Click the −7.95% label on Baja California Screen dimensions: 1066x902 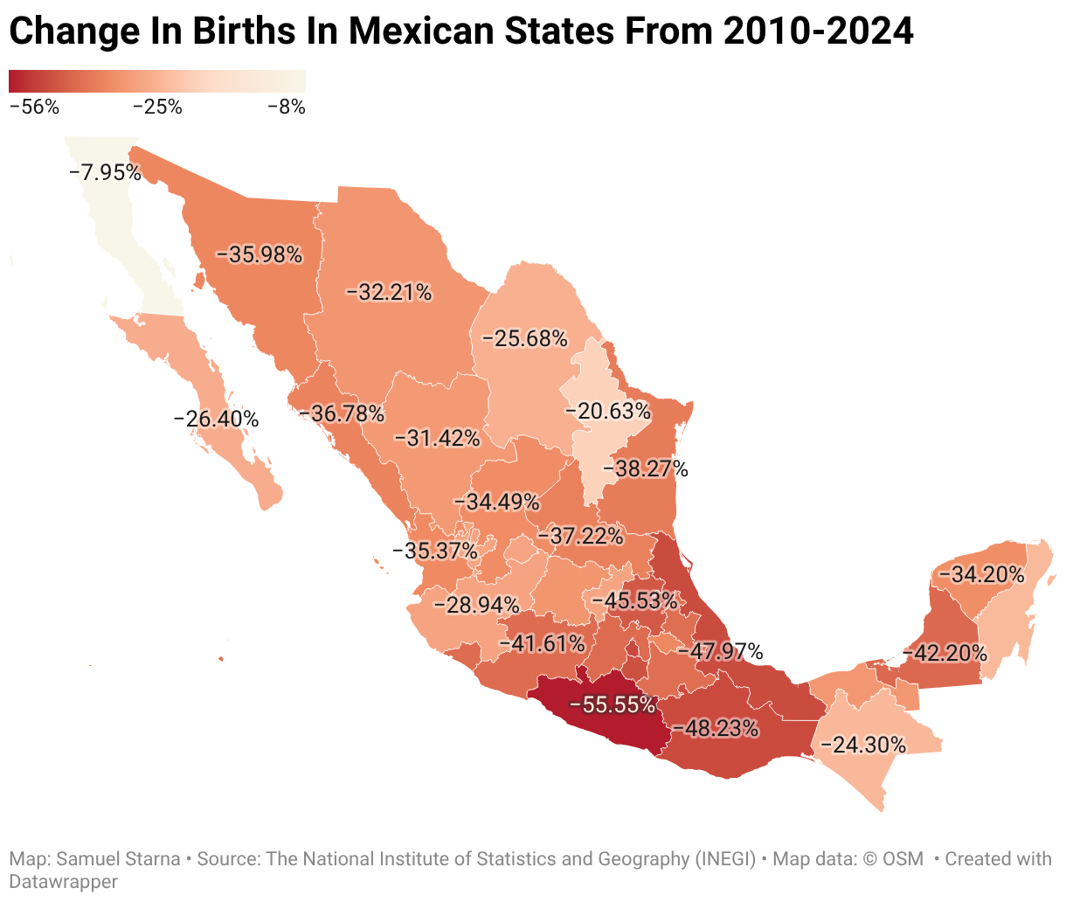[105, 172]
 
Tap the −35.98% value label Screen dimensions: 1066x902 [259, 254]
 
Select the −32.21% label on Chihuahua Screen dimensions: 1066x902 [389, 292]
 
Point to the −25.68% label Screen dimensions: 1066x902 [524, 338]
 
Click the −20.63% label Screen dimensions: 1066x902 [607, 411]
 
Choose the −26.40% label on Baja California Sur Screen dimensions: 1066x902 [216, 419]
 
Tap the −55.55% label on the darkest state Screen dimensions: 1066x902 [612, 704]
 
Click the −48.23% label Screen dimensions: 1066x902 [716, 728]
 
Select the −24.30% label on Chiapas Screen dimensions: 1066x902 [862, 745]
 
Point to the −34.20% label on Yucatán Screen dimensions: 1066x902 [981, 574]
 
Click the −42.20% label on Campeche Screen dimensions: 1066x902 [945, 653]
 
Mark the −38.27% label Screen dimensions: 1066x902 [645, 468]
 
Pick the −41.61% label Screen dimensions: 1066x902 [542, 643]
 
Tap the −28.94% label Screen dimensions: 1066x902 [476, 604]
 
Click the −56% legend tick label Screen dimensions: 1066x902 [35, 107]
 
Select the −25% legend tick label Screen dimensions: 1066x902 [157, 107]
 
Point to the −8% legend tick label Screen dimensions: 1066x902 [287, 107]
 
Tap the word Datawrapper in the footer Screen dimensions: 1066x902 [64, 881]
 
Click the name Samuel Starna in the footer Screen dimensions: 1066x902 [118, 858]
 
